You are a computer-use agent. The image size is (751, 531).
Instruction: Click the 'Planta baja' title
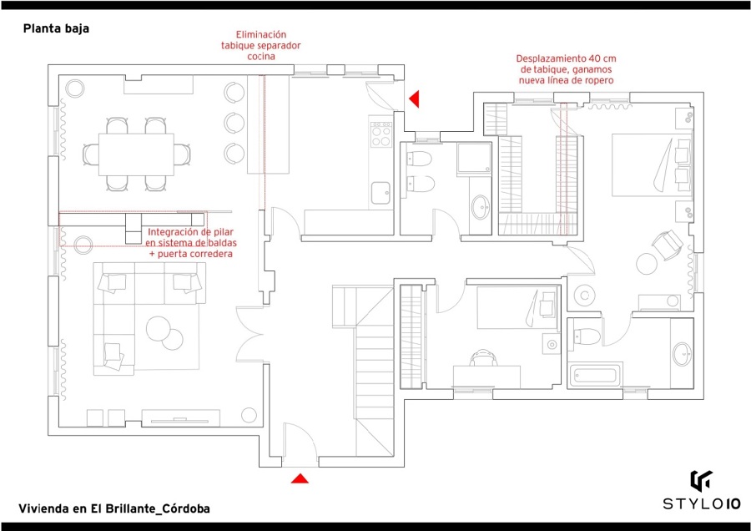(56, 28)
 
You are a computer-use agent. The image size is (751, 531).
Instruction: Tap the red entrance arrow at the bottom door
(300, 478)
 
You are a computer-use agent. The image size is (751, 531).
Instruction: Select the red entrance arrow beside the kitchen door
(413, 99)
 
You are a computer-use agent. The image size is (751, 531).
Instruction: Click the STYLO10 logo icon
(700, 482)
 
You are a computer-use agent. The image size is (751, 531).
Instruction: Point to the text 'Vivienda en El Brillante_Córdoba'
(113, 508)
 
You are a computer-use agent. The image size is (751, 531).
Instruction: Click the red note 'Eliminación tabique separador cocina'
(260, 45)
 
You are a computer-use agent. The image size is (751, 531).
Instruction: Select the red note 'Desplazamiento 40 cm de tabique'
(566, 70)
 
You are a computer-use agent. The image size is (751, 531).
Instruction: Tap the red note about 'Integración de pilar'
(191, 242)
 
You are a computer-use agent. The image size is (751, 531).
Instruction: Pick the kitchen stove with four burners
(381, 134)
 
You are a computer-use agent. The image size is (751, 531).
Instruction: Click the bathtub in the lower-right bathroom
(596, 375)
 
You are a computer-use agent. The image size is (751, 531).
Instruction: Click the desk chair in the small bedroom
(483, 358)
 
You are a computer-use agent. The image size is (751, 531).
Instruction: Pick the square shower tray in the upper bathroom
(474, 158)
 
